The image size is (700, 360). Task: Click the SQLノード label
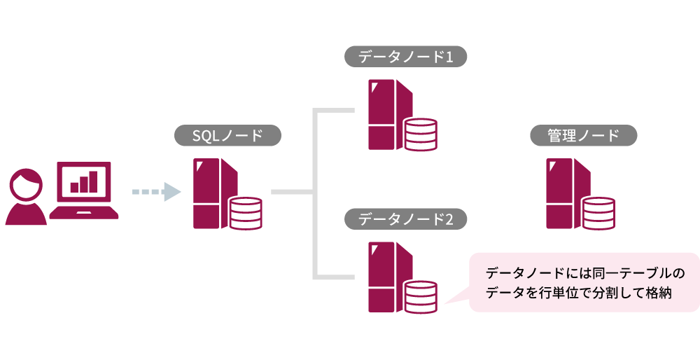(227, 136)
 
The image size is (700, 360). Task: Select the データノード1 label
(405, 57)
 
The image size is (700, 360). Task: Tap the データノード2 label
(405, 219)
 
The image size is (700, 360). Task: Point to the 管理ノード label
(583, 136)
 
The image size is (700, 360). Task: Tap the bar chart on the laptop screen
(83, 182)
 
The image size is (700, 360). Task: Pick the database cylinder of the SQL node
(245, 213)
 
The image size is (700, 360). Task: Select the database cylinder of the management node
(598, 213)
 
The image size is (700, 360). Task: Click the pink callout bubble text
(584, 282)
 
